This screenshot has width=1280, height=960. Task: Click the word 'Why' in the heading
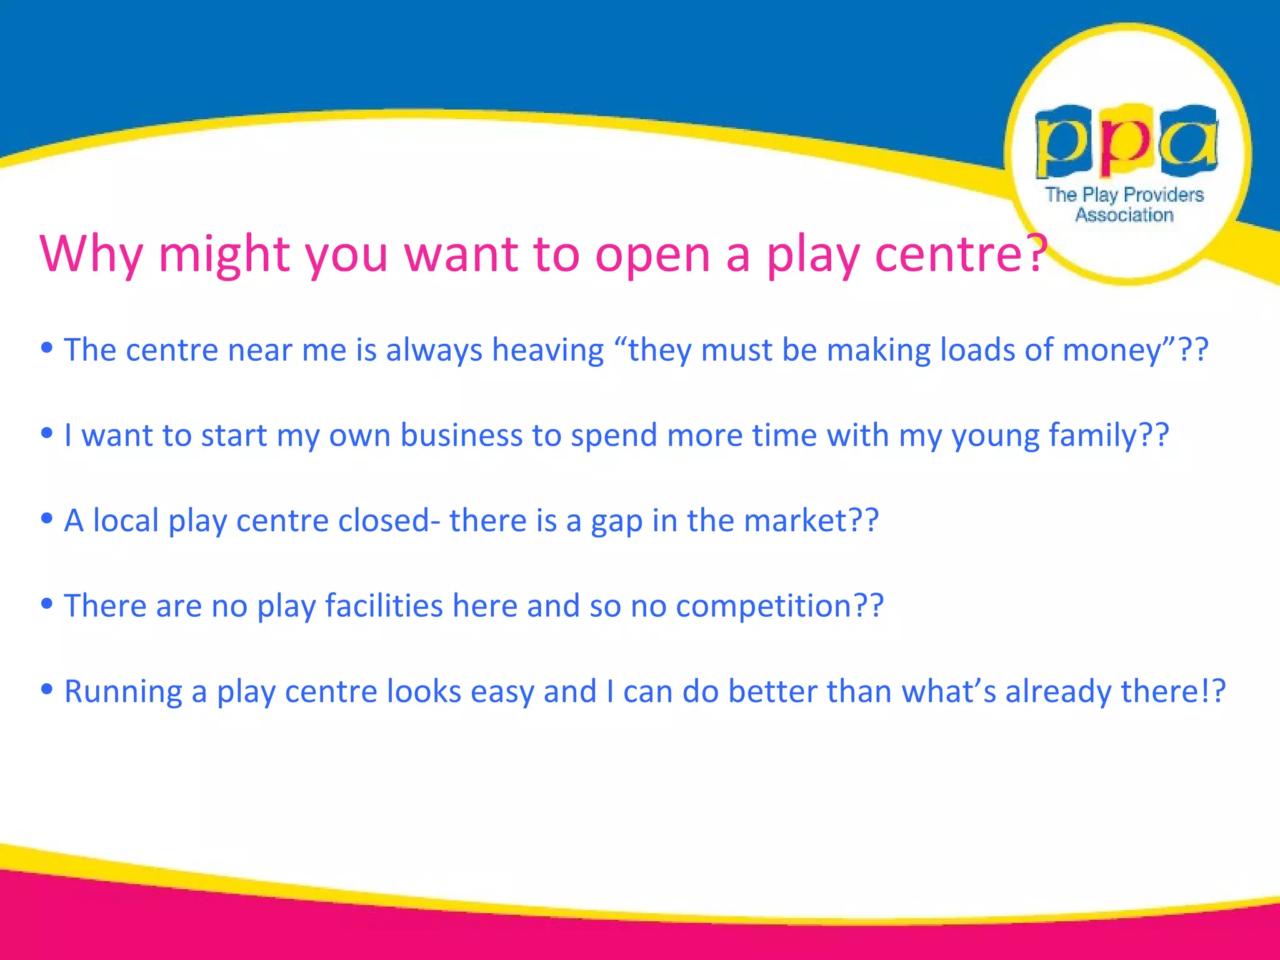pyautogui.click(x=91, y=253)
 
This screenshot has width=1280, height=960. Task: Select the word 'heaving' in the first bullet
pyautogui.click(x=548, y=349)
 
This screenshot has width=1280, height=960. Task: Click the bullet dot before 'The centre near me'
pyautogui.click(x=47, y=347)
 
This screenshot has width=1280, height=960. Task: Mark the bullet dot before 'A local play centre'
pyautogui.click(x=47, y=518)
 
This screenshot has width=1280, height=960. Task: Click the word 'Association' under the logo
pyautogui.click(x=1124, y=215)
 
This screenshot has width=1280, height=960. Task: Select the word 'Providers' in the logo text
pyautogui.click(x=1163, y=194)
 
